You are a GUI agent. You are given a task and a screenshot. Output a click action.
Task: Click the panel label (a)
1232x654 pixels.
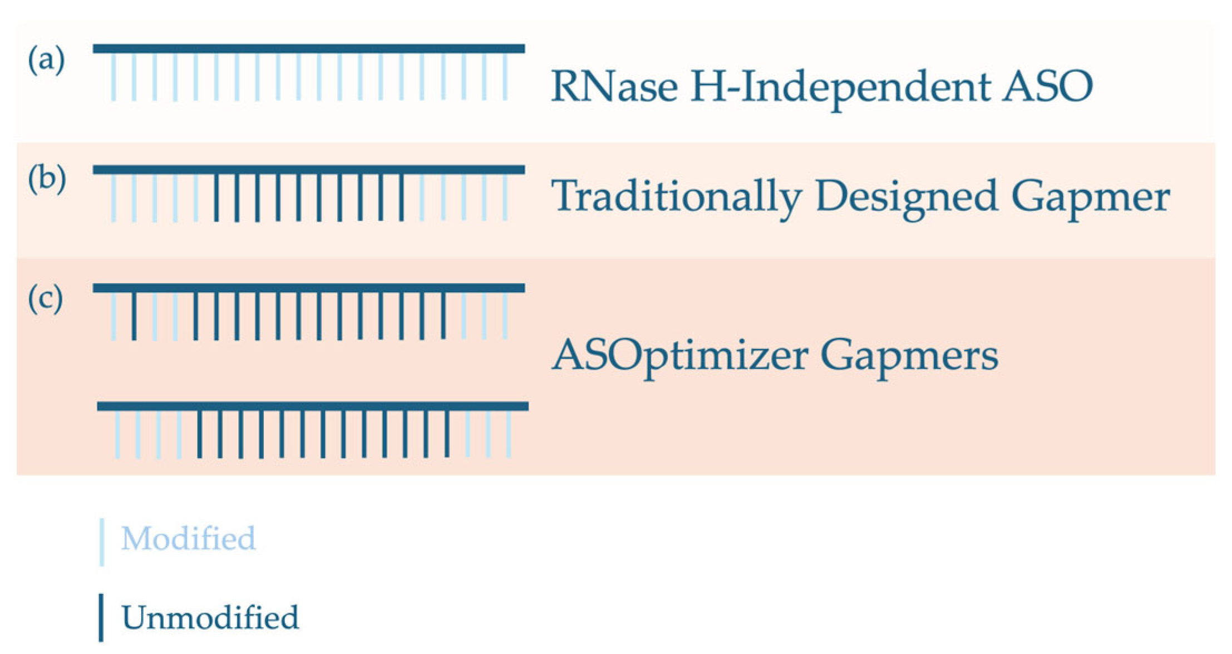pos(46,60)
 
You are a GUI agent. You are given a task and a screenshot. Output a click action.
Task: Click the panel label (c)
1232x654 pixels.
pos(46,299)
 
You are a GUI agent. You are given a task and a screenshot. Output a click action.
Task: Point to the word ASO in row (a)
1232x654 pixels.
pos(1047,87)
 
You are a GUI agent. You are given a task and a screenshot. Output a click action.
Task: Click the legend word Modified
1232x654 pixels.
pos(188,539)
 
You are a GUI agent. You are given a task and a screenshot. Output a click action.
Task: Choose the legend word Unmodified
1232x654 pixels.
pos(210,617)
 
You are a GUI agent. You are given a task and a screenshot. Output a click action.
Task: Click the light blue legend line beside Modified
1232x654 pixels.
pos(102,542)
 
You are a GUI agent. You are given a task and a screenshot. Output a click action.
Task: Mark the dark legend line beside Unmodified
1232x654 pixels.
pos(101,617)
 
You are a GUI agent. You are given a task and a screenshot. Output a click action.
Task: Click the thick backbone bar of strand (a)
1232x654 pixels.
pos(309,49)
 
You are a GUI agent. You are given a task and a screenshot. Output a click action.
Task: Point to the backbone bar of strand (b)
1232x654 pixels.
pos(309,170)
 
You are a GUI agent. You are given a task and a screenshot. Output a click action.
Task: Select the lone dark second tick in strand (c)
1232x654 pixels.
pos(134,316)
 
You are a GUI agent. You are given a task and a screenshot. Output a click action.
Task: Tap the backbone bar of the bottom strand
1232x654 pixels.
pos(312,407)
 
